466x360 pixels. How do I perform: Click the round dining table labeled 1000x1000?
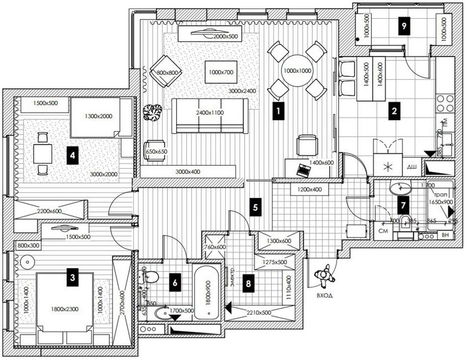tap(297, 71)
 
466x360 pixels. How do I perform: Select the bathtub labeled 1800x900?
tap(207, 292)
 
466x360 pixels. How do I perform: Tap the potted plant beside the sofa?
tap(153, 112)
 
